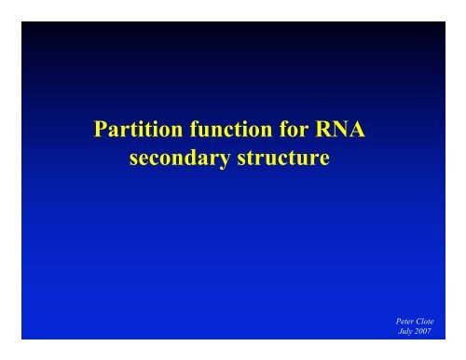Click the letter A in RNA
tap(361, 135)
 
